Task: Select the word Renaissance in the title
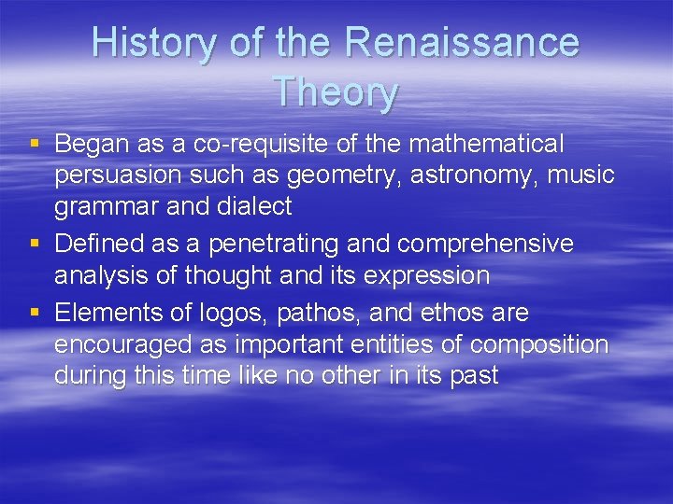click(462, 44)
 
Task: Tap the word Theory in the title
click(336, 93)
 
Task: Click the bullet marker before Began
click(35, 144)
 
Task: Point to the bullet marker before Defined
click(35, 245)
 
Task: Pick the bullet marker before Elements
click(35, 313)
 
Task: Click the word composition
click(539, 344)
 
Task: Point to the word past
click(475, 375)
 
